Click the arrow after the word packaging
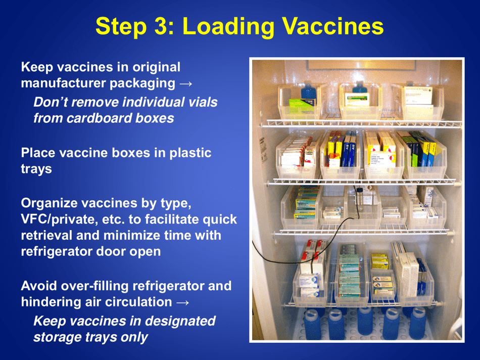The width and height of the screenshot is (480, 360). pyautogui.click(x=185, y=83)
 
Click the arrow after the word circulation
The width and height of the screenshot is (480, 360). pyautogui.click(x=183, y=302)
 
